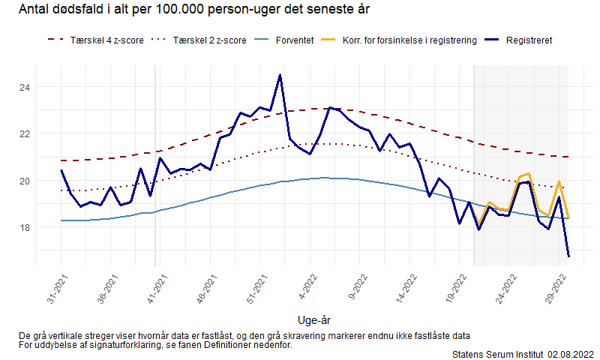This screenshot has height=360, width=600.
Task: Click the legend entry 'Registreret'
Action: [529, 40]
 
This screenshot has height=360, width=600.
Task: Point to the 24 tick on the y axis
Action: [24, 87]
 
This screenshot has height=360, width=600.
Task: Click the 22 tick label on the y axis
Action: [24, 133]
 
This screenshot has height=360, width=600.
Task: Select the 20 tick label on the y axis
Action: [24, 181]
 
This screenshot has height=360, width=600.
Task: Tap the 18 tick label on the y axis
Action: [24, 227]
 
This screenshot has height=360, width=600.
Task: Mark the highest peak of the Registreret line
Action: [280, 75]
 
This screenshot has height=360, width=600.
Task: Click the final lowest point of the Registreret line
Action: [568, 256]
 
